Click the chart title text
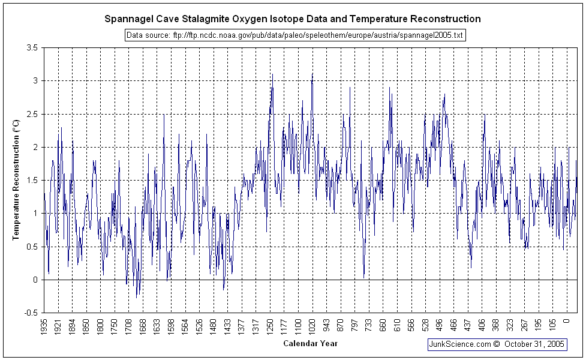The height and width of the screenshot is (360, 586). click(293, 19)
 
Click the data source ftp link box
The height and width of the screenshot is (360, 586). click(295, 35)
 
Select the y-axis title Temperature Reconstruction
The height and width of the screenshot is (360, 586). click(17, 179)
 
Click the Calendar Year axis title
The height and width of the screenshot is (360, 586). click(310, 343)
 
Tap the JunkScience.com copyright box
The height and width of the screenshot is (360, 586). click(497, 344)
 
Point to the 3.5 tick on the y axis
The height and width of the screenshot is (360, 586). click(33, 47)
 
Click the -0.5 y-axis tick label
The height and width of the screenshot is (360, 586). click(31, 313)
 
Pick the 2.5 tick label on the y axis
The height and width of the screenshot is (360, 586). click(33, 114)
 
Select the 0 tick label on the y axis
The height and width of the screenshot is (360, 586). click(36, 280)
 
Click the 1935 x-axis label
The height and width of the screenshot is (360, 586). click(44, 327)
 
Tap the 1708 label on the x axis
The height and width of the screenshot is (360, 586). click(128, 327)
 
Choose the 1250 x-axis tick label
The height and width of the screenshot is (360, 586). click(271, 327)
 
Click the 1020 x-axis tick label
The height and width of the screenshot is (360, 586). click(312, 327)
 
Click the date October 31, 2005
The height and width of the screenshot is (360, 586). click(534, 344)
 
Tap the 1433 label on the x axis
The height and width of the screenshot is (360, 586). click(228, 327)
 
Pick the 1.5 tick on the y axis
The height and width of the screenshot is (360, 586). click(33, 180)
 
